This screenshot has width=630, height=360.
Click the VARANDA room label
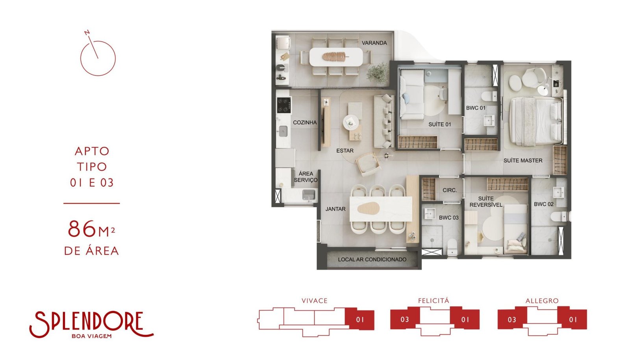point(374,43)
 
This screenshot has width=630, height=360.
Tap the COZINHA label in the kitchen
point(305,122)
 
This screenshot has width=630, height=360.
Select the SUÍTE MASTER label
point(523,161)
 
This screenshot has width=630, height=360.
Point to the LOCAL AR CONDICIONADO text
point(372,259)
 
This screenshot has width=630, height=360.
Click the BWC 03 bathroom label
point(448,217)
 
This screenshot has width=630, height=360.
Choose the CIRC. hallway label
point(449,190)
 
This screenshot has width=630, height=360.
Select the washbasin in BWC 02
point(558,193)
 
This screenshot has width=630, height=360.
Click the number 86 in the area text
point(82,229)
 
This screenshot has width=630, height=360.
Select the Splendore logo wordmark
point(91,324)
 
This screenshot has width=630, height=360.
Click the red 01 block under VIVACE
point(360,319)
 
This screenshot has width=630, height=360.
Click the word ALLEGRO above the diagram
point(542,301)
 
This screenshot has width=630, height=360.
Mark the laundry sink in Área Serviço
point(309,195)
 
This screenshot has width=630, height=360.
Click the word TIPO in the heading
point(92,167)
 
